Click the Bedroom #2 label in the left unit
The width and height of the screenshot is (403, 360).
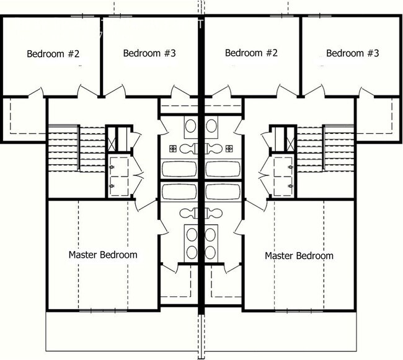[x=53, y=53]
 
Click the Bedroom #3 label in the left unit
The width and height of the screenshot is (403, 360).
[x=149, y=53]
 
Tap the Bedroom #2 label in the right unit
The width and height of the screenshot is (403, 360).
[x=250, y=53]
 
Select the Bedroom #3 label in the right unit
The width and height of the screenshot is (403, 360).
[x=352, y=53]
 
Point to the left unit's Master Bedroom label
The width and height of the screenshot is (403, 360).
[x=103, y=255]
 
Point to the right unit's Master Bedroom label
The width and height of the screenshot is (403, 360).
[x=299, y=255]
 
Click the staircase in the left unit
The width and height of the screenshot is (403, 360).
[x=63, y=149]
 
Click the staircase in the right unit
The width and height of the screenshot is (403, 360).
[x=339, y=149]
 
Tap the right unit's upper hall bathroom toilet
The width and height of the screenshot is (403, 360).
[x=214, y=149]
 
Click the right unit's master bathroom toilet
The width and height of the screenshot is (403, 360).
[x=215, y=213]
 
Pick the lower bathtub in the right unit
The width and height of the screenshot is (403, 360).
[x=223, y=190]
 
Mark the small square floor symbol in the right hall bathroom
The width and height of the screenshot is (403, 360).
[x=229, y=148]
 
